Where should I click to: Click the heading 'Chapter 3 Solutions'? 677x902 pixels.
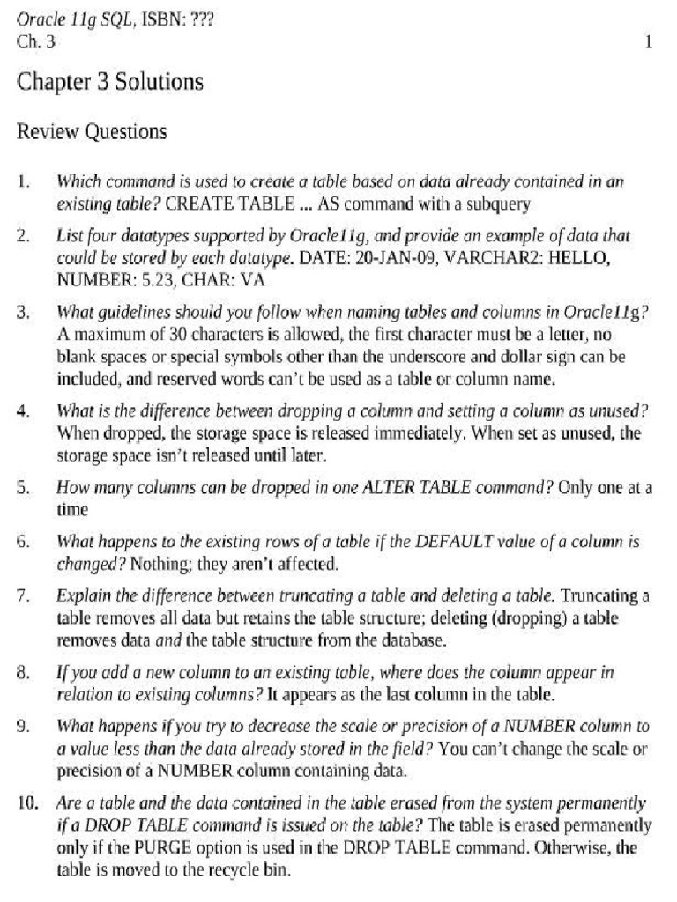(x=110, y=83)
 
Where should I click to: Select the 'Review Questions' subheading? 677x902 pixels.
(x=92, y=133)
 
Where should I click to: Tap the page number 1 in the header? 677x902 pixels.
(x=648, y=41)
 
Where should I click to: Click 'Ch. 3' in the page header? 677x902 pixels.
(x=36, y=41)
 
